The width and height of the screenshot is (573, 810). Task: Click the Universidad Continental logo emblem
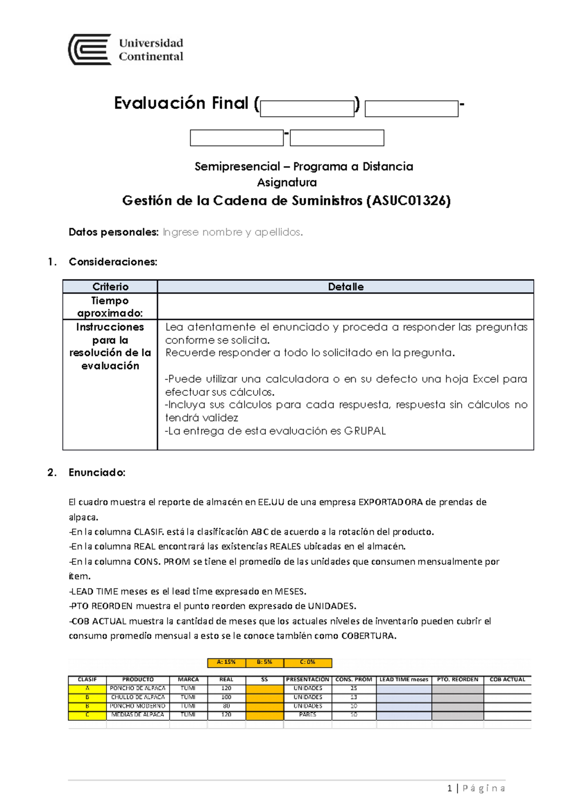[x=90, y=49]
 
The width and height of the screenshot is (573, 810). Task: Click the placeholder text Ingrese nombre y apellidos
[x=233, y=232]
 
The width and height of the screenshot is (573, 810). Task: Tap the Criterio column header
[x=110, y=287]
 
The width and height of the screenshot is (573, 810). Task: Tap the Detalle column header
[x=346, y=287]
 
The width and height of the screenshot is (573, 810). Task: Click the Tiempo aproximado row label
[x=110, y=307]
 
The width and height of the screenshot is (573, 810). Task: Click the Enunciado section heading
[x=97, y=473]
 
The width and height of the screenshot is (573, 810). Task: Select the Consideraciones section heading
[x=113, y=262]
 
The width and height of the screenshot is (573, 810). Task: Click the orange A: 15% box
[x=226, y=662]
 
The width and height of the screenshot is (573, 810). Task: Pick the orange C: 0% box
[x=308, y=662]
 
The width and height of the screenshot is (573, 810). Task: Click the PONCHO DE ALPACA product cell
[x=138, y=688]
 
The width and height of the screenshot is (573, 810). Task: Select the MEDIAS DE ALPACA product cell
[x=138, y=715]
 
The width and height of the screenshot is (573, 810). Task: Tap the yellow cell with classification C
[x=87, y=715]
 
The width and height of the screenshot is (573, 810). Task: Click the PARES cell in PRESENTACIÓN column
[x=308, y=715]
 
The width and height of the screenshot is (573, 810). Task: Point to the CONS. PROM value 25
[x=354, y=688]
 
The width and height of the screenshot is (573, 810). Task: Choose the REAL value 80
[x=226, y=706]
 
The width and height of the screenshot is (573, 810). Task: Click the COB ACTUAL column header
[x=507, y=679]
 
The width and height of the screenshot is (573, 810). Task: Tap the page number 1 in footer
[x=449, y=789]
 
